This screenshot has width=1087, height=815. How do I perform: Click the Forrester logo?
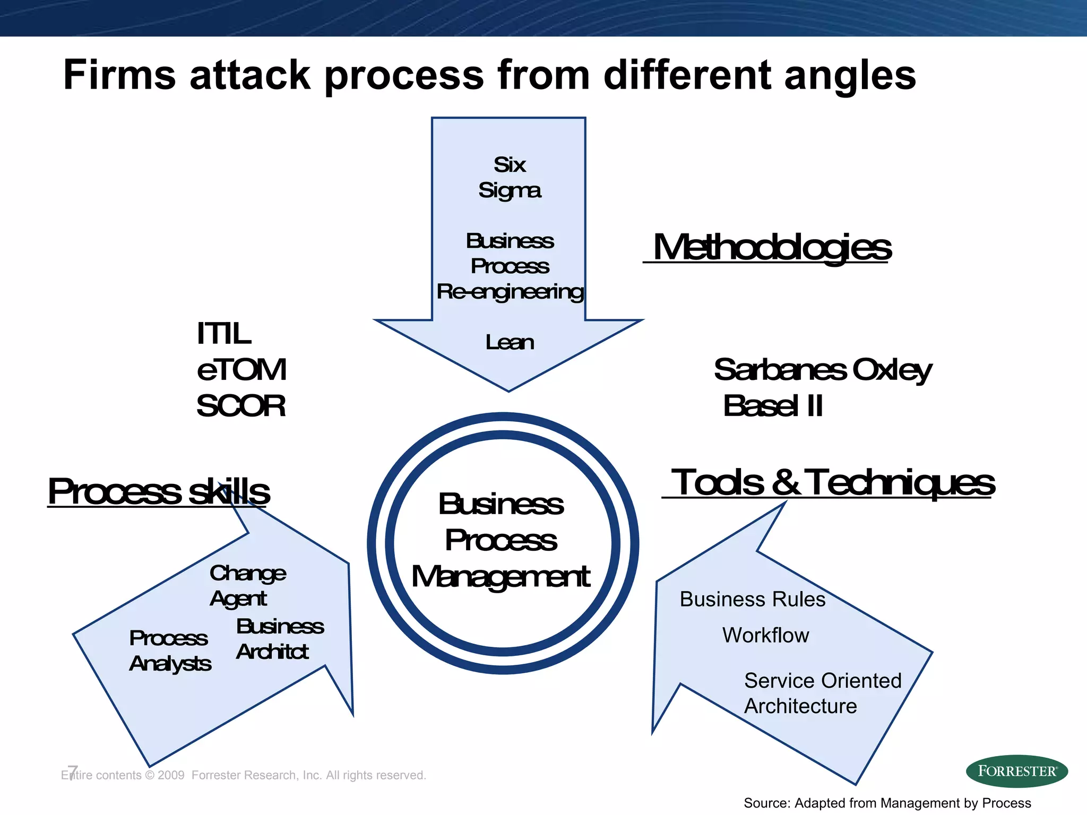[1016, 771]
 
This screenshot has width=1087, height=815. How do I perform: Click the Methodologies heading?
[772, 247]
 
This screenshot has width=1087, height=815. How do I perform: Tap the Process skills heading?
[159, 491]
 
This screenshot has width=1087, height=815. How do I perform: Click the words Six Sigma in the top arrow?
[510, 177]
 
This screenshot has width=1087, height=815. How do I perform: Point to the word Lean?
[510, 343]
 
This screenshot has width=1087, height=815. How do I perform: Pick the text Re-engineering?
[510, 292]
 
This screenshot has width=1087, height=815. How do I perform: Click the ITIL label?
[223, 334]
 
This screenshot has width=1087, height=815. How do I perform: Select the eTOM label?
[241, 370]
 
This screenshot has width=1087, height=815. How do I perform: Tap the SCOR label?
[241, 406]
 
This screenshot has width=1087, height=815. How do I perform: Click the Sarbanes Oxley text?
[822, 370]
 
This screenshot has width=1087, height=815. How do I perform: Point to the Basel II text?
[773, 406]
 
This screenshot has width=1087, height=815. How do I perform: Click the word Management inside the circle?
[501, 577]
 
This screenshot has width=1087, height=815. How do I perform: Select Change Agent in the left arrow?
[247, 586]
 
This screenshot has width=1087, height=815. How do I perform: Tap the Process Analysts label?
[170, 651]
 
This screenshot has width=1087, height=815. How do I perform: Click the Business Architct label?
[280, 639]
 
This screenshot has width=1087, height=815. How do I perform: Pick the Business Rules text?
[753, 600]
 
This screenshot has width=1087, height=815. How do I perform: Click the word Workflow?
[765, 636]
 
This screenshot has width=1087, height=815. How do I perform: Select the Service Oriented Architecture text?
[822, 693]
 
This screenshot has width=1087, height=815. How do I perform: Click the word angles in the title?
[850, 75]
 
